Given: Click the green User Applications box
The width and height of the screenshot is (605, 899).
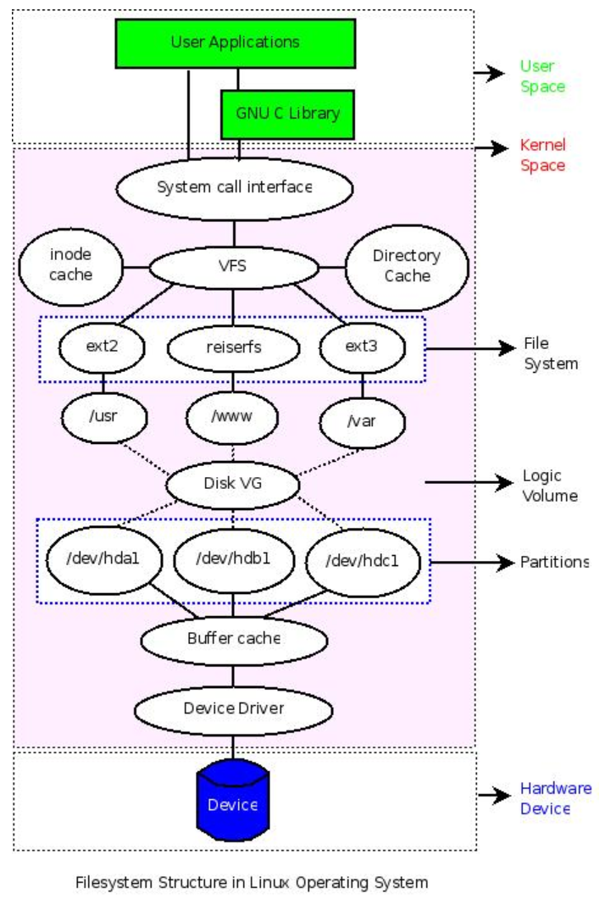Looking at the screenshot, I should coord(235,42).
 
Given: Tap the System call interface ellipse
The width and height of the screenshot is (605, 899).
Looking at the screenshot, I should coord(234,186).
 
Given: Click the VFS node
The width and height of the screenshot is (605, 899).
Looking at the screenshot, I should coord(232,267).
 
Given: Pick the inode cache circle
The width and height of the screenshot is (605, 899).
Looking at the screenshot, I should coord(70,264).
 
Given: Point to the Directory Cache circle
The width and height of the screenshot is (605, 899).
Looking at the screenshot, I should coord(406,265).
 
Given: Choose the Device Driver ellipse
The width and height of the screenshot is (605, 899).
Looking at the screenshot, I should coord(233,708).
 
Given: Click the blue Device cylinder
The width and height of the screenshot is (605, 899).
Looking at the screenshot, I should coord(232,801).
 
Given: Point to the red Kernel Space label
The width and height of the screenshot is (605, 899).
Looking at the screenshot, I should coord(542,155).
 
